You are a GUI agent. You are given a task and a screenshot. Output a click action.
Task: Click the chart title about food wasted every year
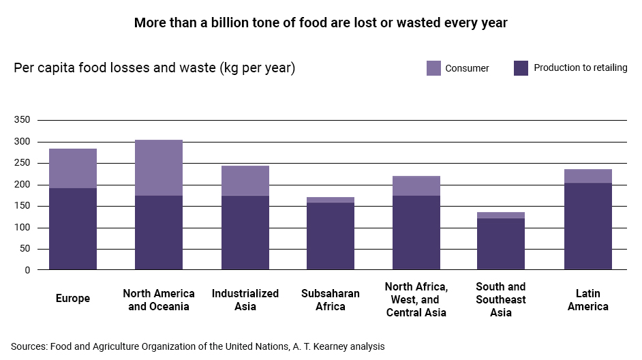(320, 22)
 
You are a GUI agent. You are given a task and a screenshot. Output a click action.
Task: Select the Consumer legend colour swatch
(434, 68)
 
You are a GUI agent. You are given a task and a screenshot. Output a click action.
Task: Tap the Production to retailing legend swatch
(521, 68)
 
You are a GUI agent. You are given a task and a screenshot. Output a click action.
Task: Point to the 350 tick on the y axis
(22, 120)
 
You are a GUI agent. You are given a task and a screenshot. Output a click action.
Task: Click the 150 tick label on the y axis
(22, 206)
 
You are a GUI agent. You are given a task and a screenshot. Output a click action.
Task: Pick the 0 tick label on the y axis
(27, 270)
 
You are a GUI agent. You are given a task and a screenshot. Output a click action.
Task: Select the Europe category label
(72, 299)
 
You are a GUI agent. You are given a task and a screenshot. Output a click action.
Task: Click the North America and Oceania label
(159, 299)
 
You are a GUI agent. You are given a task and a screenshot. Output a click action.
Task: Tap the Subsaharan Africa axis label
(331, 299)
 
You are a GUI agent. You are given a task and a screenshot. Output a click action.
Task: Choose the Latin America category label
(587, 299)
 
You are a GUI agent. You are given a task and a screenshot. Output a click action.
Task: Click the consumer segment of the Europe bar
(73, 168)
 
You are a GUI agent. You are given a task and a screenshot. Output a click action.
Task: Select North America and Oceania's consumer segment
(159, 168)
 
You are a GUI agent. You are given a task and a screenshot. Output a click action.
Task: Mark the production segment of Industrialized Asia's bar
(245, 232)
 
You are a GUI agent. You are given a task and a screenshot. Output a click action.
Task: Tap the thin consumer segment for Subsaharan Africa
(331, 200)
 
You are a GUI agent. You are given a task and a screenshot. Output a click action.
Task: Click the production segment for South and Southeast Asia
(501, 244)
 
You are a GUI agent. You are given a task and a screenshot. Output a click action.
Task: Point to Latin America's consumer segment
(587, 176)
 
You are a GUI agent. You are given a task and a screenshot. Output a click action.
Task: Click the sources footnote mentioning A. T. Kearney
(198, 346)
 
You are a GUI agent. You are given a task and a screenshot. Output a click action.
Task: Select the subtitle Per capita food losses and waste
(155, 68)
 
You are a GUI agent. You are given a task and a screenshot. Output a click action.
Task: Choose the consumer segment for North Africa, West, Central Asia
(416, 186)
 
